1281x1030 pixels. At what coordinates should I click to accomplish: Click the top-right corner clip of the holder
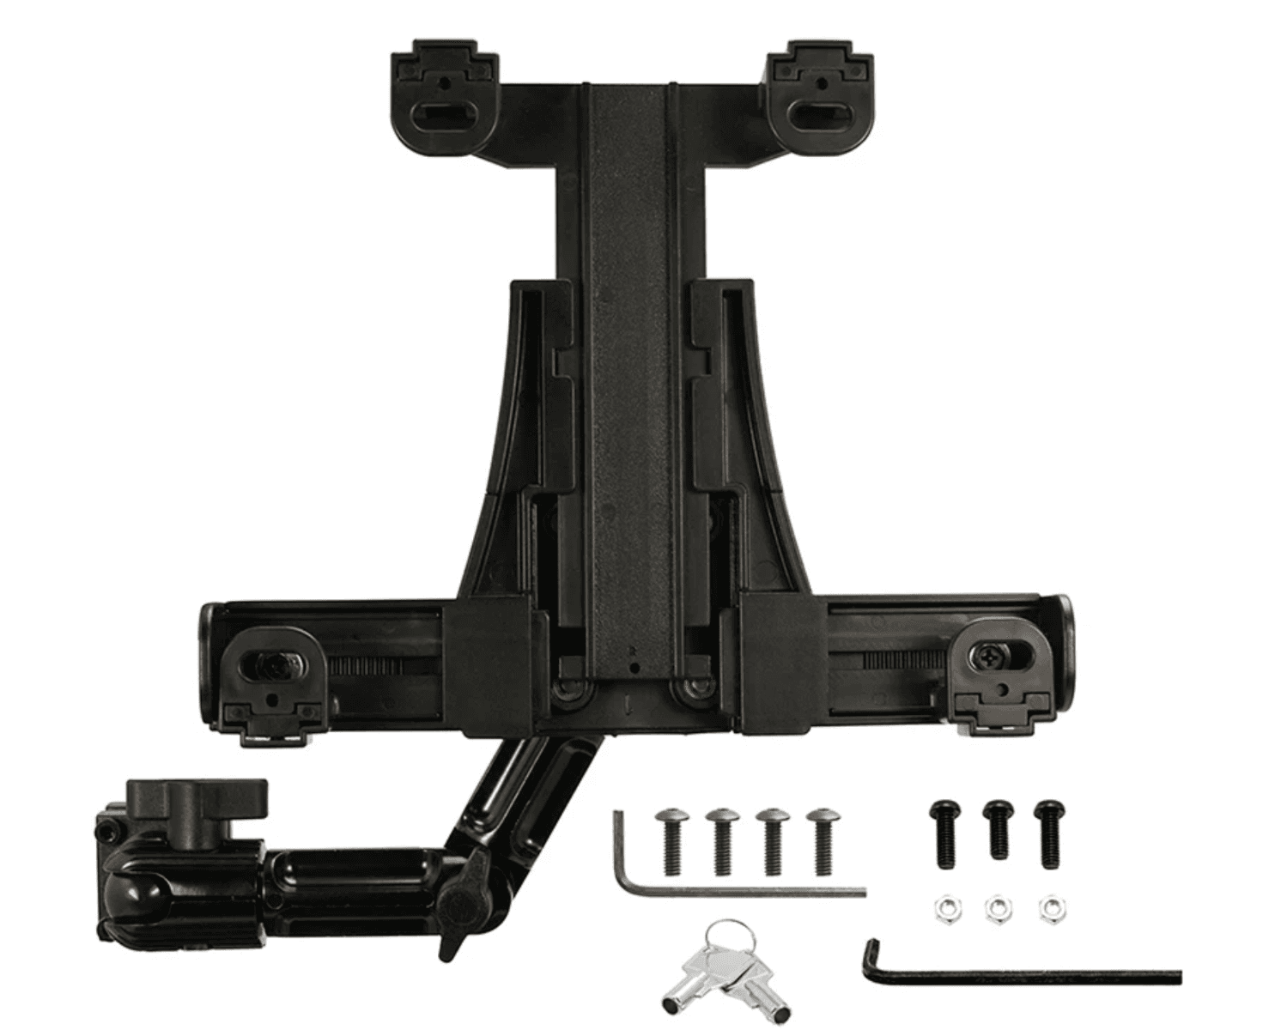coord(821,94)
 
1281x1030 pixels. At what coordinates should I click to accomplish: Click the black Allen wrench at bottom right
coord(1022,974)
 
